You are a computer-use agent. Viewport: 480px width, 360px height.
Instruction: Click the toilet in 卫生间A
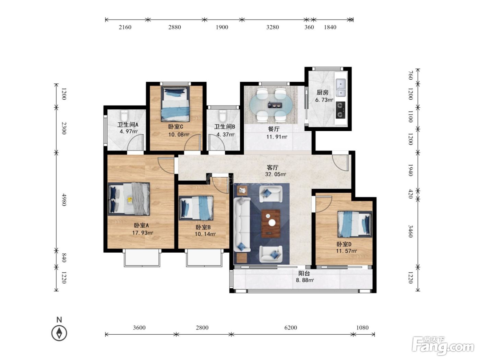click(x=124, y=116)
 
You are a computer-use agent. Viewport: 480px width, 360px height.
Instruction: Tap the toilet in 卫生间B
click(x=223, y=116)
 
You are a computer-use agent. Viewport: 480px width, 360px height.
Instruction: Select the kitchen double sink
click(x=340, y=87)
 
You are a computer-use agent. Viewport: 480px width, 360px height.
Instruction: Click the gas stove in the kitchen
click(x=340, y=110)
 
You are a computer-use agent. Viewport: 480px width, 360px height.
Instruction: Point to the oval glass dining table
click(x=271, y=106)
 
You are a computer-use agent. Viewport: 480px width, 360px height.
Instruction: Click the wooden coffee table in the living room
click(x=271, y=224)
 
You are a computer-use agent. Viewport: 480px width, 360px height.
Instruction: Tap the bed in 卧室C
click(x=175, y=104)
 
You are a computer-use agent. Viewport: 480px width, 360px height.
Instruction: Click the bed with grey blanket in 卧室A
click(x=129, y=199)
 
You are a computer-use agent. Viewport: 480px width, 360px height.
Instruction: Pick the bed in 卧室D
click(x=355, y=224)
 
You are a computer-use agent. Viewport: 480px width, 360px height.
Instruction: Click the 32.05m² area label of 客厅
click(x=276, y=175)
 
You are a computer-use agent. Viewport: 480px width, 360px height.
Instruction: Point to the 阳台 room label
click(x=304, y=273)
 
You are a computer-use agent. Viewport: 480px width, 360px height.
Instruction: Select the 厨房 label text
click(x=323, y=93)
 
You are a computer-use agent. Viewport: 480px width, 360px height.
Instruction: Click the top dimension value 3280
click(x=273, y=27)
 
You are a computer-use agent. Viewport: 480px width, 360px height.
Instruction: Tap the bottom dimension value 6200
click(x=291, y=328)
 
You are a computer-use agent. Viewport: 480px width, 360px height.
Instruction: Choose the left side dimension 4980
click(x=64, y=200)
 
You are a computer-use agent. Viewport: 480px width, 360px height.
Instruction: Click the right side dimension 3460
click(x=410, y=231)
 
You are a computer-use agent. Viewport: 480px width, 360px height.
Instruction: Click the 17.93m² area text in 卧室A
click(x=143, y=233)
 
